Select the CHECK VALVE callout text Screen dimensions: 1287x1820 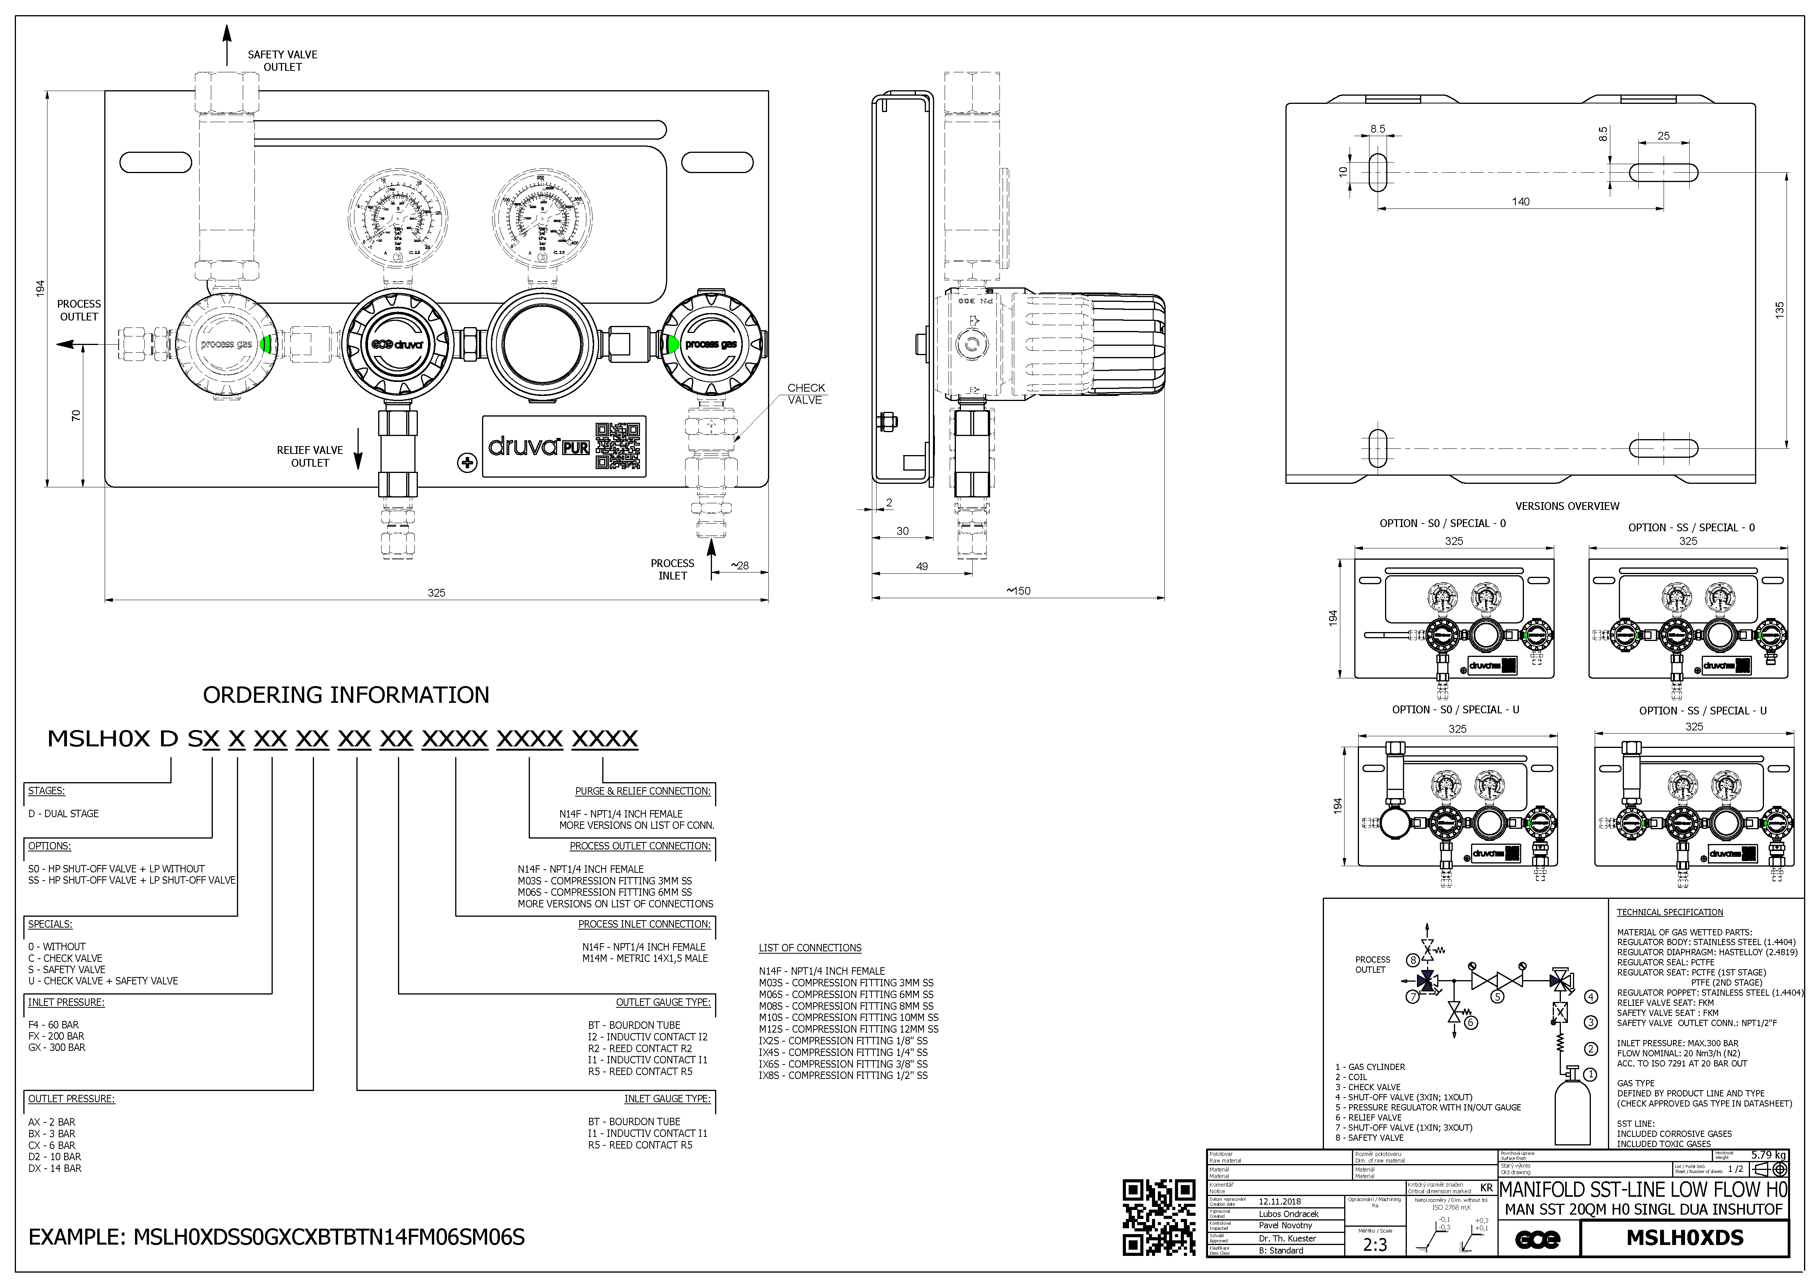805,394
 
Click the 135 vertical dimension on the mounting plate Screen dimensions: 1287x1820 1780,309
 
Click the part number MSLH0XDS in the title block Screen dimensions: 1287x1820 1685,1238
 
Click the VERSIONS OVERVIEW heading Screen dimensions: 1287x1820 1567,506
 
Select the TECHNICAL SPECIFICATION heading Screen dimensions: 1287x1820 1669,912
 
